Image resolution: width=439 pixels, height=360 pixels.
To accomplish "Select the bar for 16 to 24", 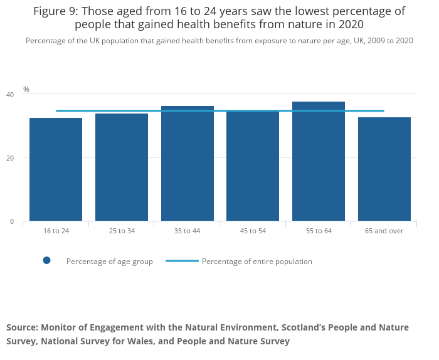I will pos(56,169).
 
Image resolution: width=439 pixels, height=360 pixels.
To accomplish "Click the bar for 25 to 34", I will pos(122,167).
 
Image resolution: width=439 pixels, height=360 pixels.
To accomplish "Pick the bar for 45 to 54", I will pos(253,166).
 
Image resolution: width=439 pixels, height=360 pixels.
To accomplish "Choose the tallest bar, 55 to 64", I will pos(319,161).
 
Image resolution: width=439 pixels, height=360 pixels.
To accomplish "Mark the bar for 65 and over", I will pos(384,169).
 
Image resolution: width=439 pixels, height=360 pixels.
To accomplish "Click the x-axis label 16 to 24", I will pos(56,231).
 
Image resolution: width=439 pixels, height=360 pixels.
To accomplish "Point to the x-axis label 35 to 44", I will pos(187,231).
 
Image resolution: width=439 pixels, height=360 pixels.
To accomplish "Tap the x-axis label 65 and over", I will pos(384,231).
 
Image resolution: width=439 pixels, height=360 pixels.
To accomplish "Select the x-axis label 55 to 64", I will pos(319,231).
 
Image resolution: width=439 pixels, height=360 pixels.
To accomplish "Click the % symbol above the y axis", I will pos(26,90).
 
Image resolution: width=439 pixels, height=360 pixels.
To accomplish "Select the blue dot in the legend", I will pos(46,261).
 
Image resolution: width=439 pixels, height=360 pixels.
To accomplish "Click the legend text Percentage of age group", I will pos(110,262).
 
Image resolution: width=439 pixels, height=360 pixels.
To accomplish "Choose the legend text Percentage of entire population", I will pos(257,262).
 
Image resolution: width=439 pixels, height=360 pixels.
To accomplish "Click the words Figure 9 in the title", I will pos(56,11).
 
